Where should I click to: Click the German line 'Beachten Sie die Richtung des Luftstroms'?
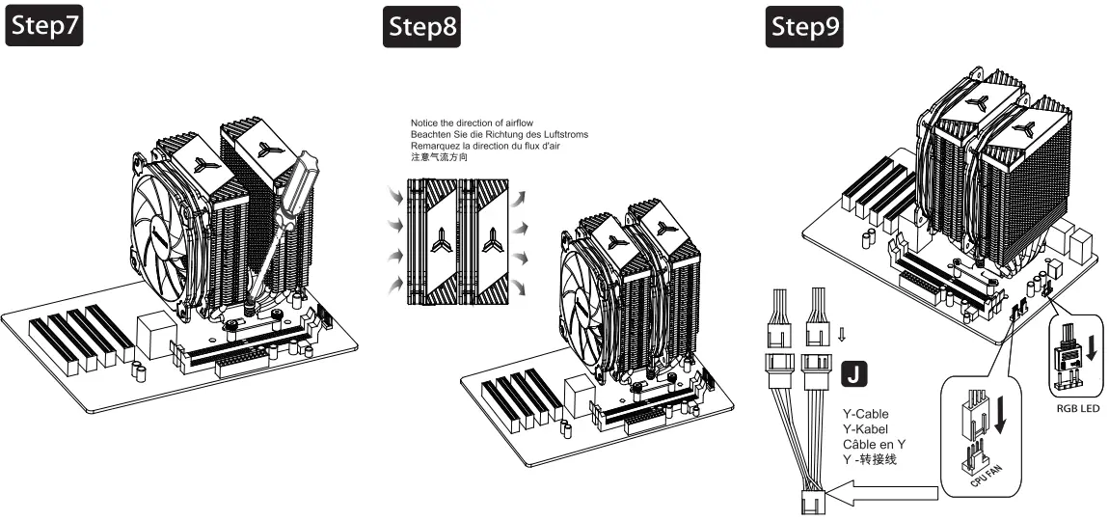499,135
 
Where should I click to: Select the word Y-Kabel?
864,429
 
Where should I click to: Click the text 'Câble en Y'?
874,445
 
